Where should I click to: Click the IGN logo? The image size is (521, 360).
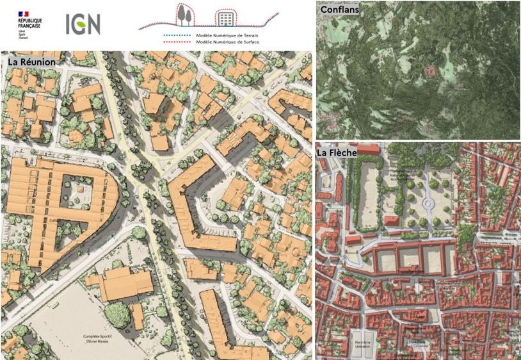click(83, 24)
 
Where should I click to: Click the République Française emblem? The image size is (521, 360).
click(23, 14)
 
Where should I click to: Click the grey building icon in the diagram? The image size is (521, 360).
click(223, 17)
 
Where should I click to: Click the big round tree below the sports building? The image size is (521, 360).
click(116, 314)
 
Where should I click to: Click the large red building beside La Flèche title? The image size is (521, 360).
click(369, 149)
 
